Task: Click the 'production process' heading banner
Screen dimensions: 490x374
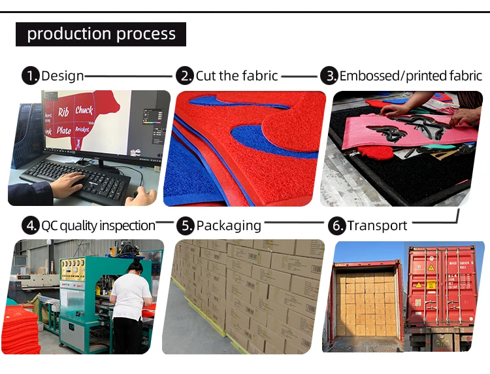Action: pos(101,34)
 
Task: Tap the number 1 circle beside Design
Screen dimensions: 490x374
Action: pos(30,76)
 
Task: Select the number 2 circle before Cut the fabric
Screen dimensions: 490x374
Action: pos(186,76)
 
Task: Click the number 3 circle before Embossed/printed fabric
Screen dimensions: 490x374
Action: pos(329,76)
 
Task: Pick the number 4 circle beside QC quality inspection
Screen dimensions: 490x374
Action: pos(30,226)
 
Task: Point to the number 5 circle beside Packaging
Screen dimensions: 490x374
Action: pos(186,226)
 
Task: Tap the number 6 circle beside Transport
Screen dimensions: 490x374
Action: pos(336,226)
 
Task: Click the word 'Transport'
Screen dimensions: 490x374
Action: pos(377,226)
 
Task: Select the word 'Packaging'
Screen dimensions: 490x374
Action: pos(229,226)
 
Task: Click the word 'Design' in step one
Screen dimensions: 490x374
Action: pos(62,76)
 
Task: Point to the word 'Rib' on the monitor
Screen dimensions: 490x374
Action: pos(63,112)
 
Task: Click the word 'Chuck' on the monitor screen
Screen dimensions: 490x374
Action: pos(84,110)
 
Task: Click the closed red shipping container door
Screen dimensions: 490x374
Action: pos(441,288)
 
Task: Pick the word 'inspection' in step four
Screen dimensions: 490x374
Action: pos(127,226)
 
